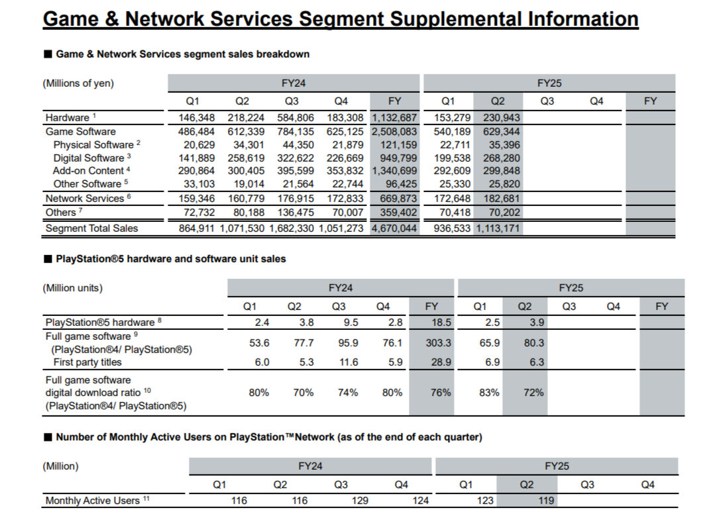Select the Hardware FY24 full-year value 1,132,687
(x=394, y=118)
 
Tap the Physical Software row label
(x=93, y=144)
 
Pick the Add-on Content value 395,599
(x=292, y=171)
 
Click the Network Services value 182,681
(x=498, y=198)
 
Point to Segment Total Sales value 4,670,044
(x=394, y=229)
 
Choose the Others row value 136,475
(x=292, y=213)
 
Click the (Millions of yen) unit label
(x=78, y=83)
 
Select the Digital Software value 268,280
(x=498, y=158)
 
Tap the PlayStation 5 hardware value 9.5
(x=339, y=323)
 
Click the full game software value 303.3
(x=431, y=342)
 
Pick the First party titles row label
(x=87, y=362)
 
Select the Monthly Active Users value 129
(x=360, y=501)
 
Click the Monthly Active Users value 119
(x=546, y=501)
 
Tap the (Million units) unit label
(x=73, y=288)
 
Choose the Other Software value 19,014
(x=247, y=184)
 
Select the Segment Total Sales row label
(x=91, y=229)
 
